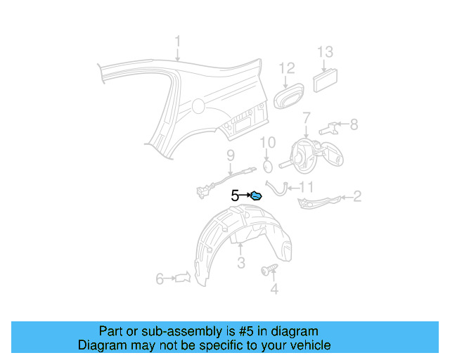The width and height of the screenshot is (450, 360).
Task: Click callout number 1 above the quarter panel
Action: point(178,41)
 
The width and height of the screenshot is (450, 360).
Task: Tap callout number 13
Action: point(324,51)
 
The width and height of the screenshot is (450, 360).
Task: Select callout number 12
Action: point(286,68)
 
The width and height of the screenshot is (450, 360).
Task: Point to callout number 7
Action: point(307,117)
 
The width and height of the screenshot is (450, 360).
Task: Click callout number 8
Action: point(354,124)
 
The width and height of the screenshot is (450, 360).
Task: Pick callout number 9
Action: point(230,155)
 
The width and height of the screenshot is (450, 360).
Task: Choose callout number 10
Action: point(267,143)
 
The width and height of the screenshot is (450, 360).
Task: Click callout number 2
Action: point(357,196)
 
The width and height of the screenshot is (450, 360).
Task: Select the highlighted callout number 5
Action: point(235,196)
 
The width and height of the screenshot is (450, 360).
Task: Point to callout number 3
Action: point(240,264)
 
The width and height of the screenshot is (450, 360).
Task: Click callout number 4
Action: point(274,288)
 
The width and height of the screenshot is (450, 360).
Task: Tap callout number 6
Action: point(160,279)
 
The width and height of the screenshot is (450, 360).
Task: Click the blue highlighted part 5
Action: point(257,196)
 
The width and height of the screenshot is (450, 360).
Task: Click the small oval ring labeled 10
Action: point(267,166)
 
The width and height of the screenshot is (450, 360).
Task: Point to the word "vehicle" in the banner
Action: point(309,345)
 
